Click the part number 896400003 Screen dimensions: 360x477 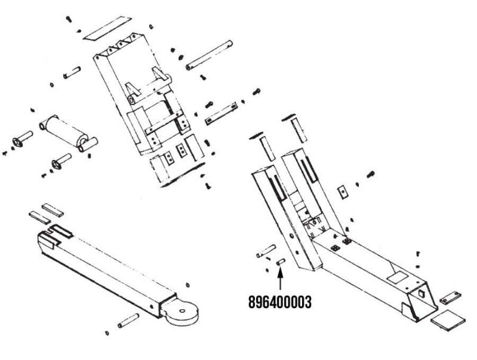(x=279, y=302)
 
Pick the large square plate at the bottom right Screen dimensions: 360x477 (x=449, y=319)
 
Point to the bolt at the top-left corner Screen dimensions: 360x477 (x=69, y=20)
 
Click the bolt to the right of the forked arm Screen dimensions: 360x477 (x=370, y=173)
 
